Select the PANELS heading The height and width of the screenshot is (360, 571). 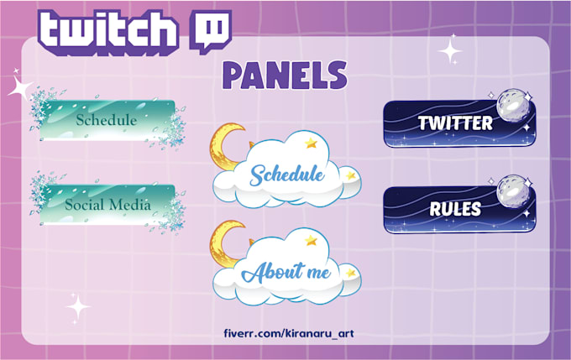[x=285, y=76]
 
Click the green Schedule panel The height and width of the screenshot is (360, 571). [x=107, y=120]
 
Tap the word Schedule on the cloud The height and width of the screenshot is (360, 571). [x=287, y=175]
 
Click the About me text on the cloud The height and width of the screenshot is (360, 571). [x=286, y=272]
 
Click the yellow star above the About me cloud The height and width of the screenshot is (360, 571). [x=312, y=240]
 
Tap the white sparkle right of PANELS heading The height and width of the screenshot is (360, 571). [x=451, y=51]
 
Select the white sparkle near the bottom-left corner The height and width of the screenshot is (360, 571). [x=78, y=308]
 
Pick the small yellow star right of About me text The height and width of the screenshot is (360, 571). [x=350, y=272]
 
